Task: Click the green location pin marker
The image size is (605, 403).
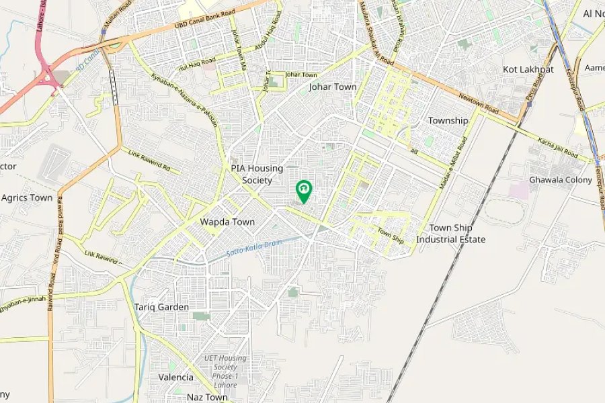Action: [x=304, y=191]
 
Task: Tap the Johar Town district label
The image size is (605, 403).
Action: [x=332, y=87]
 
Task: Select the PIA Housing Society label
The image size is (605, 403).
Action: [x=257, y=174]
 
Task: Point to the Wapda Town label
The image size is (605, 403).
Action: [x=227, y=222]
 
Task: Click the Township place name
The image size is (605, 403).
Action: [x=448, y=121]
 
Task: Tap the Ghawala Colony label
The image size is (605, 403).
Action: [x=560, y=180]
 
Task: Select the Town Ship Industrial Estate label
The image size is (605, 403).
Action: [x=450, y=234]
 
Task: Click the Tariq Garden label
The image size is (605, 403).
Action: [x=161, y=307]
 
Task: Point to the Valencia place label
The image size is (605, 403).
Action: [x=175, y=377]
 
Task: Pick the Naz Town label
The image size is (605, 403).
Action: [x=207, y=397]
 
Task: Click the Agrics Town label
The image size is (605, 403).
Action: [x=27, y=198]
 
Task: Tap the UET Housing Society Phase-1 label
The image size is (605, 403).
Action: [x=225, y=367]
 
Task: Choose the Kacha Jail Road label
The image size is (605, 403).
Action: [x=557, y=148]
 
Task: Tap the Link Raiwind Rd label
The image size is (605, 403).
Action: [x=149, y=160]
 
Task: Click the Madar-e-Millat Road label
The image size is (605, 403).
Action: [x=453, y=163]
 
